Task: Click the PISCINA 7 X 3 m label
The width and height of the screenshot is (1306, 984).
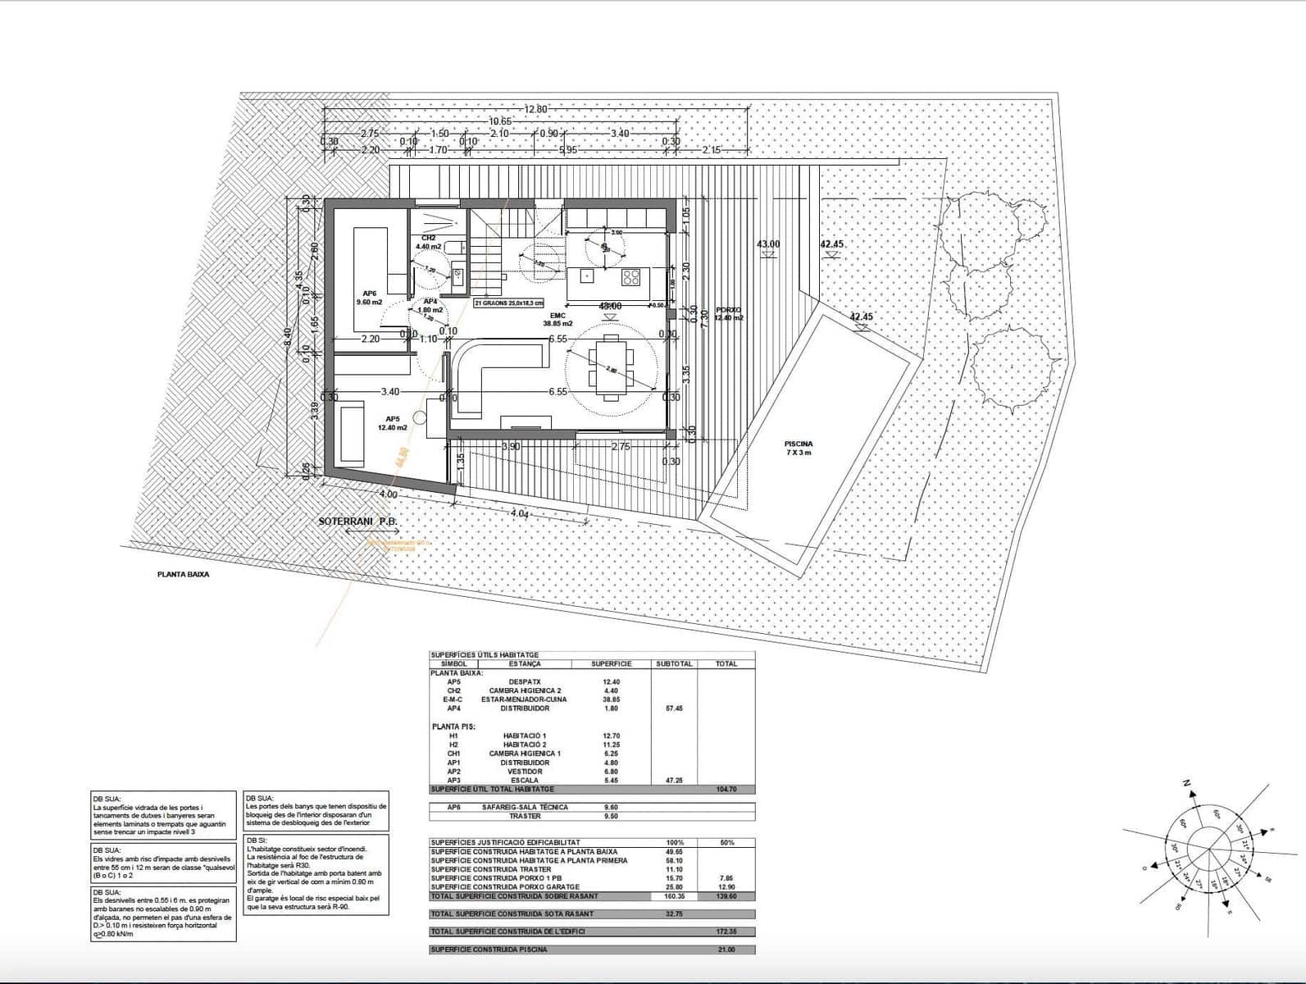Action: [798, 449]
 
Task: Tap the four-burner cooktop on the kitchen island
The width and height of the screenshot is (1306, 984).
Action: [630, 276]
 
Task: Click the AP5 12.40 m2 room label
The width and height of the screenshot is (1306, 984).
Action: [392, 422]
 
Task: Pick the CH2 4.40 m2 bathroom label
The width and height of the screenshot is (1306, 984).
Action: [428, 242]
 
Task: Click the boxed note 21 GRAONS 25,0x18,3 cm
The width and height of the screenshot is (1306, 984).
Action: [509, 303]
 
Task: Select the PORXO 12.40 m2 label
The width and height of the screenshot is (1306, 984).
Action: [728, 314]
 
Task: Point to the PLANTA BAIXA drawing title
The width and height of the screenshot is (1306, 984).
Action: [183, 575]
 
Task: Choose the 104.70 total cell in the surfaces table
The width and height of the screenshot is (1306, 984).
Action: [726, 789]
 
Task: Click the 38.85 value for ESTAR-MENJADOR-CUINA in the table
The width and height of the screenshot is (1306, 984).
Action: [611, 699]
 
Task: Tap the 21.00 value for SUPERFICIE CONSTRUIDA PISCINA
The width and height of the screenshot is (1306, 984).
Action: [726, 950]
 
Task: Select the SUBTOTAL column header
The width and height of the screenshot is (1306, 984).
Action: [674, 663]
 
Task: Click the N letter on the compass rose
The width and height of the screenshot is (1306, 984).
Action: [1186, 784]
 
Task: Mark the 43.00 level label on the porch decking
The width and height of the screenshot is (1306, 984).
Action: [768, 244]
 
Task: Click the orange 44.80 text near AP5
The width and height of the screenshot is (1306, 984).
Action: [402, 457]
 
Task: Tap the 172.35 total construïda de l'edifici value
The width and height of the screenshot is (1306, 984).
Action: [726, 932]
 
